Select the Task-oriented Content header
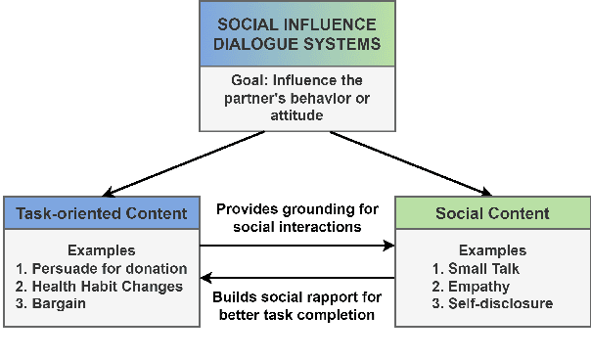[101, 213]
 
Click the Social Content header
[492, 213]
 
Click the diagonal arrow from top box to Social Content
[409, 163]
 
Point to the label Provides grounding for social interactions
[296, 217]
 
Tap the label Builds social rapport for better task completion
[296, 305]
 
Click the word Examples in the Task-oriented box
[100, 250]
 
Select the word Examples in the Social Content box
[492, 250]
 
